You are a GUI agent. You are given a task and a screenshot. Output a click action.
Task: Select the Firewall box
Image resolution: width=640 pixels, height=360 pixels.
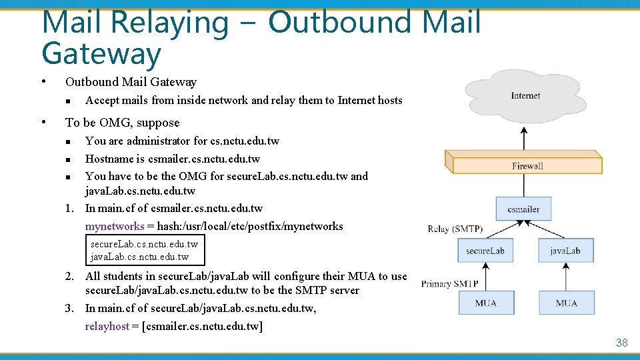(x=524, y=165)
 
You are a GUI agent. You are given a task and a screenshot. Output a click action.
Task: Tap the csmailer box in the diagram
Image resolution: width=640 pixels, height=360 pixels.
(x=523, y=209)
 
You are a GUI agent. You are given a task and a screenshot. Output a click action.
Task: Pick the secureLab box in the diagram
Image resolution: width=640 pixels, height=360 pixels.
(x=485, y=251)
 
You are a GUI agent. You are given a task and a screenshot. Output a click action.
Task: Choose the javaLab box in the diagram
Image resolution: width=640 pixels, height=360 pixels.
(x=565, y=251)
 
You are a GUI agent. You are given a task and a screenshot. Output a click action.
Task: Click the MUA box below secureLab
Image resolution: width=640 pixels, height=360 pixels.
(x=485, y=303)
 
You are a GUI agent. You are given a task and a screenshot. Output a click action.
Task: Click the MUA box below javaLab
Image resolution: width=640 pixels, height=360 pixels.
(x=566, y=303)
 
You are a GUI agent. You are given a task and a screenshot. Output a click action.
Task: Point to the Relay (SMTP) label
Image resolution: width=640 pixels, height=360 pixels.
(x=455, y=229)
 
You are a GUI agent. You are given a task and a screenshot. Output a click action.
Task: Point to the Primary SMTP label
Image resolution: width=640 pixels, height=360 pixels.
(x=449, y=284)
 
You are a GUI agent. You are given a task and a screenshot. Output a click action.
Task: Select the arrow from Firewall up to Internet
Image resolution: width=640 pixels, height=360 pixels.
(x=524, y=137)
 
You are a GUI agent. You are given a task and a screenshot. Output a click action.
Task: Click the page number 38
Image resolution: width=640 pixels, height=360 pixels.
(x=621, y=343)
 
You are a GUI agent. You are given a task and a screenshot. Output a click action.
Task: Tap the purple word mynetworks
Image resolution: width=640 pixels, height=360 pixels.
(x=115, y=226)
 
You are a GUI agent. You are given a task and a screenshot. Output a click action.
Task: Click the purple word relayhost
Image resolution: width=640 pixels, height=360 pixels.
(x=107, y=326)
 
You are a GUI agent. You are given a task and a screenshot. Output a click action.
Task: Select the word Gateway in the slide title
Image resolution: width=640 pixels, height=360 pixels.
(x=101, y=55)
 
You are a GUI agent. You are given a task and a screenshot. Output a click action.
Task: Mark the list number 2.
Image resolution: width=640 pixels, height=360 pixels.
(x=69, y=276)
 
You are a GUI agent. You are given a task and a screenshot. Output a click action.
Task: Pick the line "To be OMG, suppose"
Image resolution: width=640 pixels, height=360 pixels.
(x=122, y=123)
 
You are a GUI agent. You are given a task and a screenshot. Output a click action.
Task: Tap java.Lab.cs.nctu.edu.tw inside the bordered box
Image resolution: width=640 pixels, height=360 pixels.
(x=139, y=257)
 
